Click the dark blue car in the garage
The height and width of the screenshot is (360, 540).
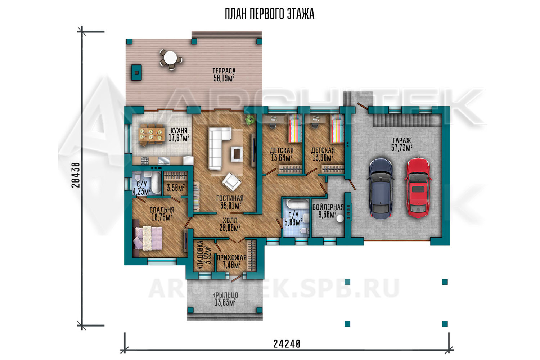tap(381, 188)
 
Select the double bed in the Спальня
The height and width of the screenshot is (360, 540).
tap(148, 238)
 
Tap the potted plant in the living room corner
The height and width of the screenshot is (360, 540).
tap(249, 120)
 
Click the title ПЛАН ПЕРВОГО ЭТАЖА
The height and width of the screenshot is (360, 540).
tap(270, 14)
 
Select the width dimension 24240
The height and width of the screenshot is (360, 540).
tap(287, 344)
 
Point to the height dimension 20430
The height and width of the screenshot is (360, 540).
tap(76, 175)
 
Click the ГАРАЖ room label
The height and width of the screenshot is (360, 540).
tap(402, 140)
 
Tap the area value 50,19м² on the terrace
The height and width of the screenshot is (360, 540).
tap(224, 78)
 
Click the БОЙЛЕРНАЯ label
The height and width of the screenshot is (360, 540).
tap(328, 207)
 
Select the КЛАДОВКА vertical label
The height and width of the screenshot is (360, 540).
tap(200, 255)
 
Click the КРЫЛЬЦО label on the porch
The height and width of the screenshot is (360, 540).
tap(225, 295)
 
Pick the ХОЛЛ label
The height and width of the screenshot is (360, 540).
tap(230, 220)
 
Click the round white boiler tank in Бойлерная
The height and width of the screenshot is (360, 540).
tap(340, 218)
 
